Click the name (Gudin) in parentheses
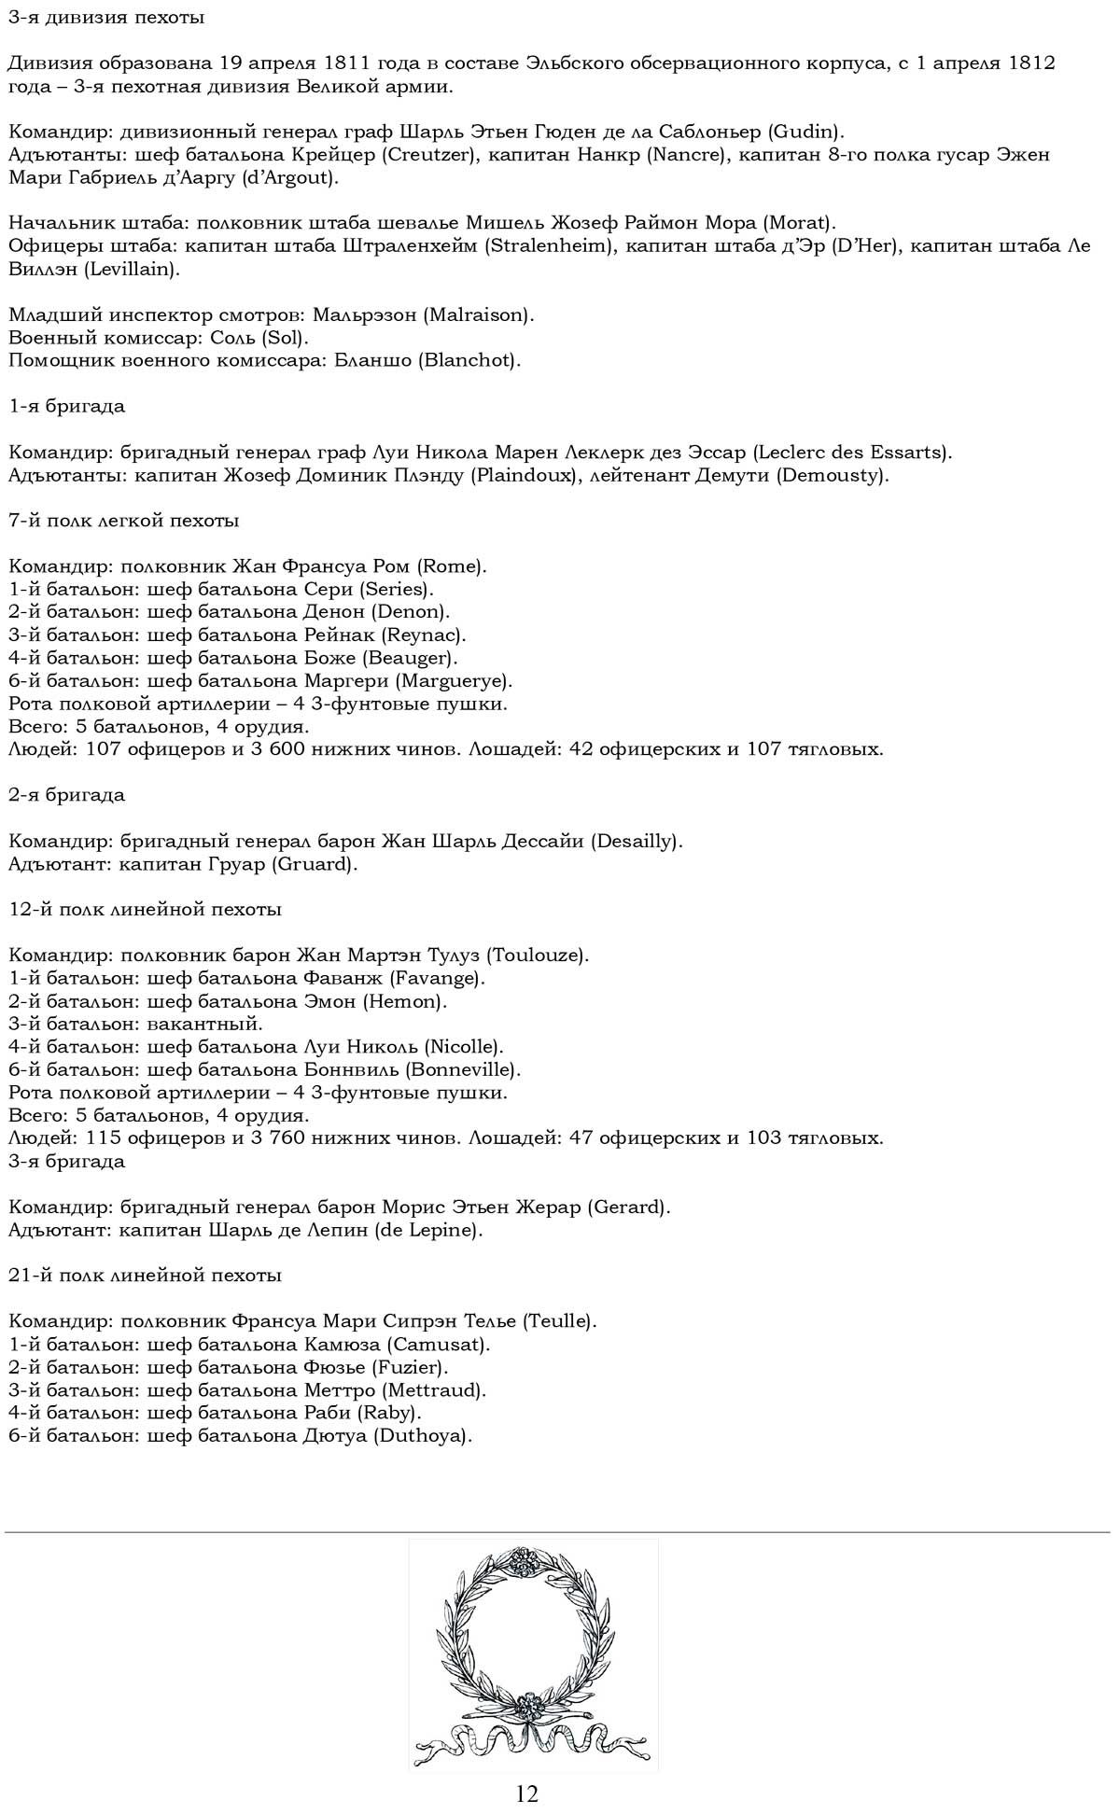click(x=805, y=132)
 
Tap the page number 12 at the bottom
click(x=526, y=1793)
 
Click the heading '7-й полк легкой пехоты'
click(x=123, y=521)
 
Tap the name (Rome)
click(x=452, y=566)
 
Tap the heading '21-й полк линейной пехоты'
click(x=145, y=1275)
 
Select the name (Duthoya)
click(x=423, y=1435)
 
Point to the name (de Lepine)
click(x=428, y=1230)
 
